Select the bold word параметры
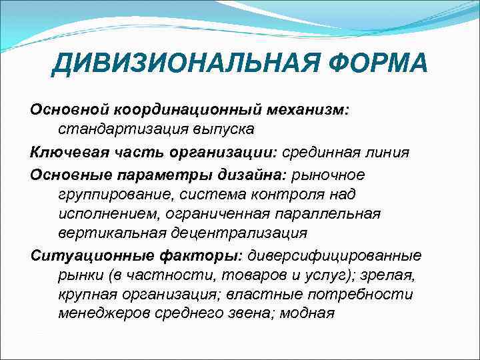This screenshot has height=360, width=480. (169, 175)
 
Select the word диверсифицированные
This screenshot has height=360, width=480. (335, 255)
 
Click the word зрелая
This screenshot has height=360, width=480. (395, 275)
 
